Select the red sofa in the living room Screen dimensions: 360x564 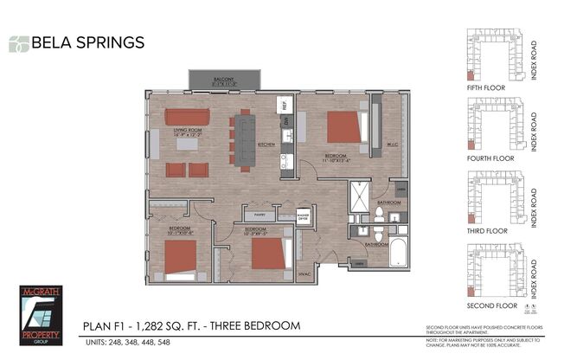(x=188, y=117)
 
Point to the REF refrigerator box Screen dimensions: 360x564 (x=282, y=105)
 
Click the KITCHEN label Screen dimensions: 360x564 (x=267, y=145)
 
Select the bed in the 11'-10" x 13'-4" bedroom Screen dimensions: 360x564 (x=346, y=126)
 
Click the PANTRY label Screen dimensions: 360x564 (x=255, y=215)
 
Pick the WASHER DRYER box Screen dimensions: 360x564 (x=303, y=216)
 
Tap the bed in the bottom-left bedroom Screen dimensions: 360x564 (x=181, y=257)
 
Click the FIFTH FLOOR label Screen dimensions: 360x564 (x=490, y=87)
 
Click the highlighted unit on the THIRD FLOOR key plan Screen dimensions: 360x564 (x=471, y=219)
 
